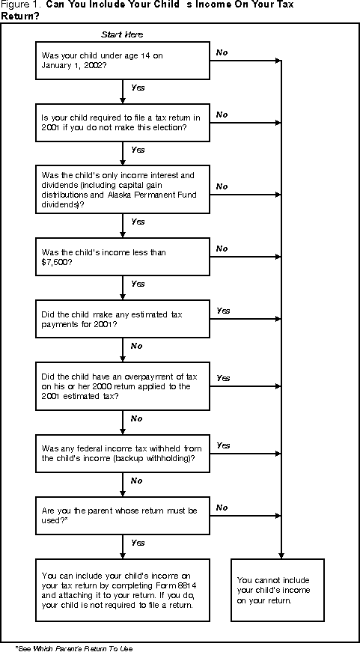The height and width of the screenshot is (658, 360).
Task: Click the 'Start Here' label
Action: [122, 34]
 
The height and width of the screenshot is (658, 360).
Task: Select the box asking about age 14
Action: [123, 60]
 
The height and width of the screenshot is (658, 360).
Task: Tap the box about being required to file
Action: [123, 122]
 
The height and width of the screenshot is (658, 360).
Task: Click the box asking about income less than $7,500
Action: [123, 257]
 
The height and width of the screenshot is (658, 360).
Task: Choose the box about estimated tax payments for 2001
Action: [123, 320]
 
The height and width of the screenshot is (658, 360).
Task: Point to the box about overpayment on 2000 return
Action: [123, 386]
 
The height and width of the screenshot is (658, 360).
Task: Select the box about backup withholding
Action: [123, 453]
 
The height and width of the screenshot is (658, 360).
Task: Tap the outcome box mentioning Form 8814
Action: [123, 590]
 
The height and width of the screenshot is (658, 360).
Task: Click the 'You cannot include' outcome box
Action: [278, 590]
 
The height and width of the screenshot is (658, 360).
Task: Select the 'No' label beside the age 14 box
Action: [222, 52]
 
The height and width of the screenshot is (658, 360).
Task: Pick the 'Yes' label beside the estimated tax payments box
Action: [223, 311]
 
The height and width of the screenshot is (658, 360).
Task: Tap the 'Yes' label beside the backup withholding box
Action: [223, 445]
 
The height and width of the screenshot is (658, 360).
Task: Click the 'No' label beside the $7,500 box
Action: [222, 248]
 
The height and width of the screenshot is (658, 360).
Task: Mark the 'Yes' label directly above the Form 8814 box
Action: [138, 542]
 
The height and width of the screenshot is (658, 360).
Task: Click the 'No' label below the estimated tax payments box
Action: [137, 347]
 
